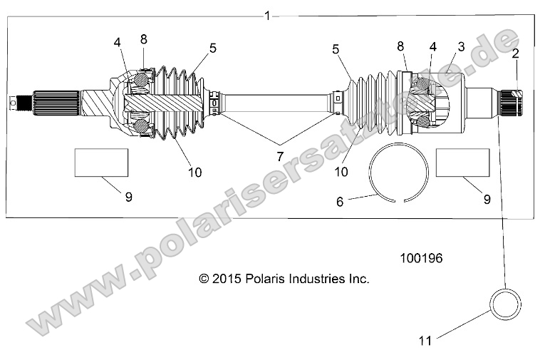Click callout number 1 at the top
[267, 16]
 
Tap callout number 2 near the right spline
[514, 53]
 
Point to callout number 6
[340, 202]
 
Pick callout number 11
[425, 341]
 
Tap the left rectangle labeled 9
[101, 163]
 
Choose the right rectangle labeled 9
[462, 163]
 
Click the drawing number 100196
[421, 259]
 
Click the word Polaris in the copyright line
[265, 279]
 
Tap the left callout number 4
[117, 43]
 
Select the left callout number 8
[143, 39]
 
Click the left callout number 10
[194, 172]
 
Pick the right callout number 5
[336, 48]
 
